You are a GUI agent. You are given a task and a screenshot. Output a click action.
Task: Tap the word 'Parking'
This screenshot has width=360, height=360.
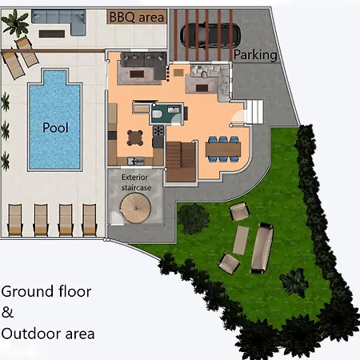(255, 55)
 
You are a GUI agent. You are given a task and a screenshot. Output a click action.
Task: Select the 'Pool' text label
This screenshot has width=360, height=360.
(54, 127)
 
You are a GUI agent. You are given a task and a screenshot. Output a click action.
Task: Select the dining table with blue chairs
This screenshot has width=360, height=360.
(222, 147)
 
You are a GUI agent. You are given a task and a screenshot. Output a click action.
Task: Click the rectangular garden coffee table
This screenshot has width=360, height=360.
(240, 240)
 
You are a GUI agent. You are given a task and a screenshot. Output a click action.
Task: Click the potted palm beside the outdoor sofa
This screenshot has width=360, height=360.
(15, 23)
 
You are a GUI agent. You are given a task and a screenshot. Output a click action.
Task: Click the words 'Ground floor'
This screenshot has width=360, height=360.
(46, 292)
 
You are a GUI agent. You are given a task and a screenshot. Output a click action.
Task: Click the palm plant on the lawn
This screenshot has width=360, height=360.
(294, 279)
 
